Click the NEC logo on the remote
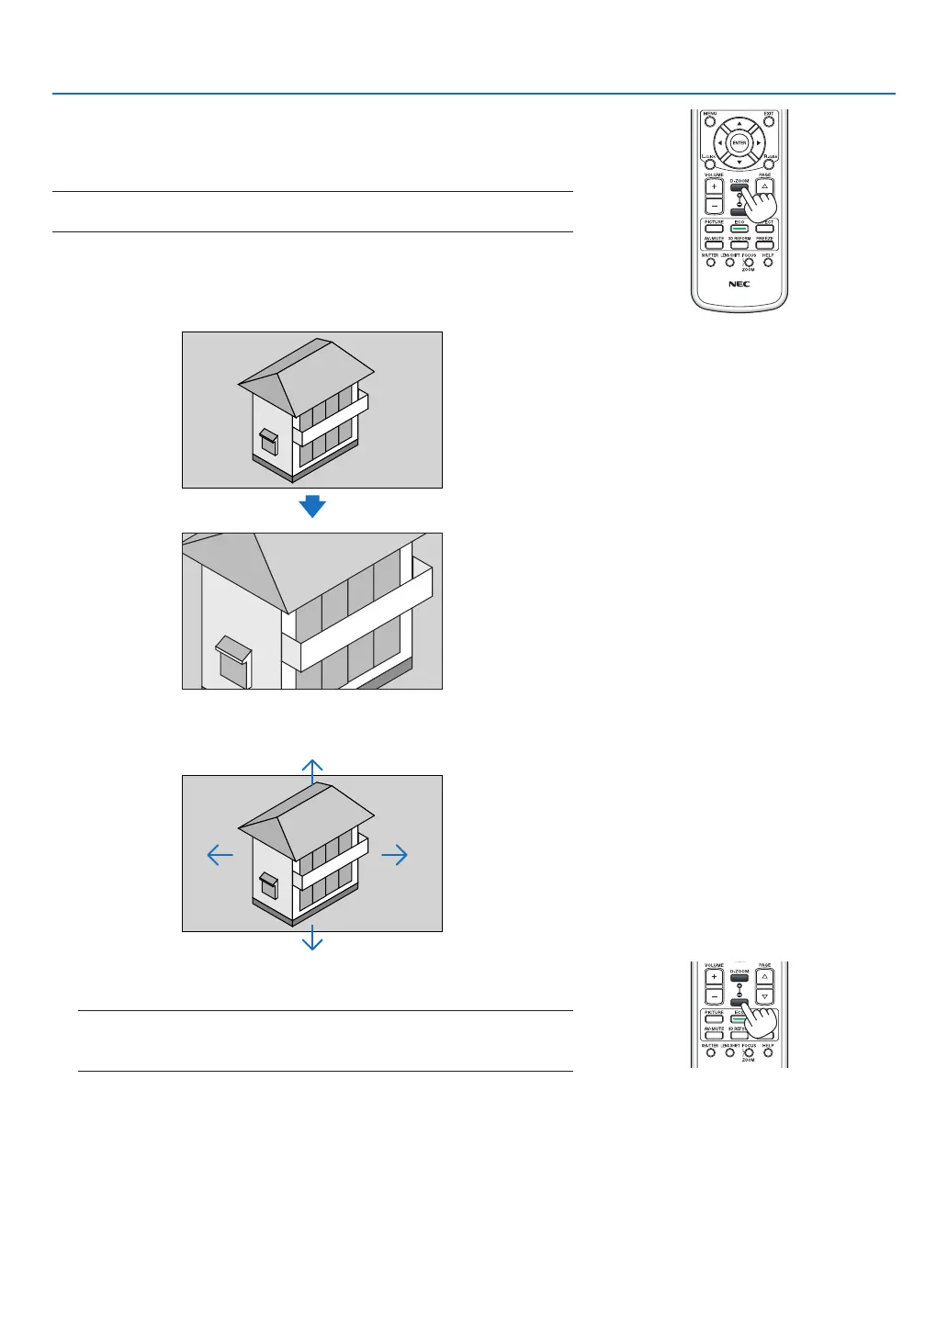click(739, 284)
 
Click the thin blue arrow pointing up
click(312, 770)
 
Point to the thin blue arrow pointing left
click(220, 855)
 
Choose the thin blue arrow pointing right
click(395, 855)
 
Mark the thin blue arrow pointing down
click(312, 939)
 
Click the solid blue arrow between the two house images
click(312, 506)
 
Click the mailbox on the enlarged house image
click(233, 662)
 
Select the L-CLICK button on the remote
click(709, 163)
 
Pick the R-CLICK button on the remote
click(769, 163)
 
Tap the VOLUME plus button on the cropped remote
click(714, 978)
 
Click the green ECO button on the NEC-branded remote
click(739, 228)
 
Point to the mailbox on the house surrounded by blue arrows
click(268, 884)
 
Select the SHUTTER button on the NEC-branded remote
click(710, 263)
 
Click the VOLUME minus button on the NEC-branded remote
click(714, 206)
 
